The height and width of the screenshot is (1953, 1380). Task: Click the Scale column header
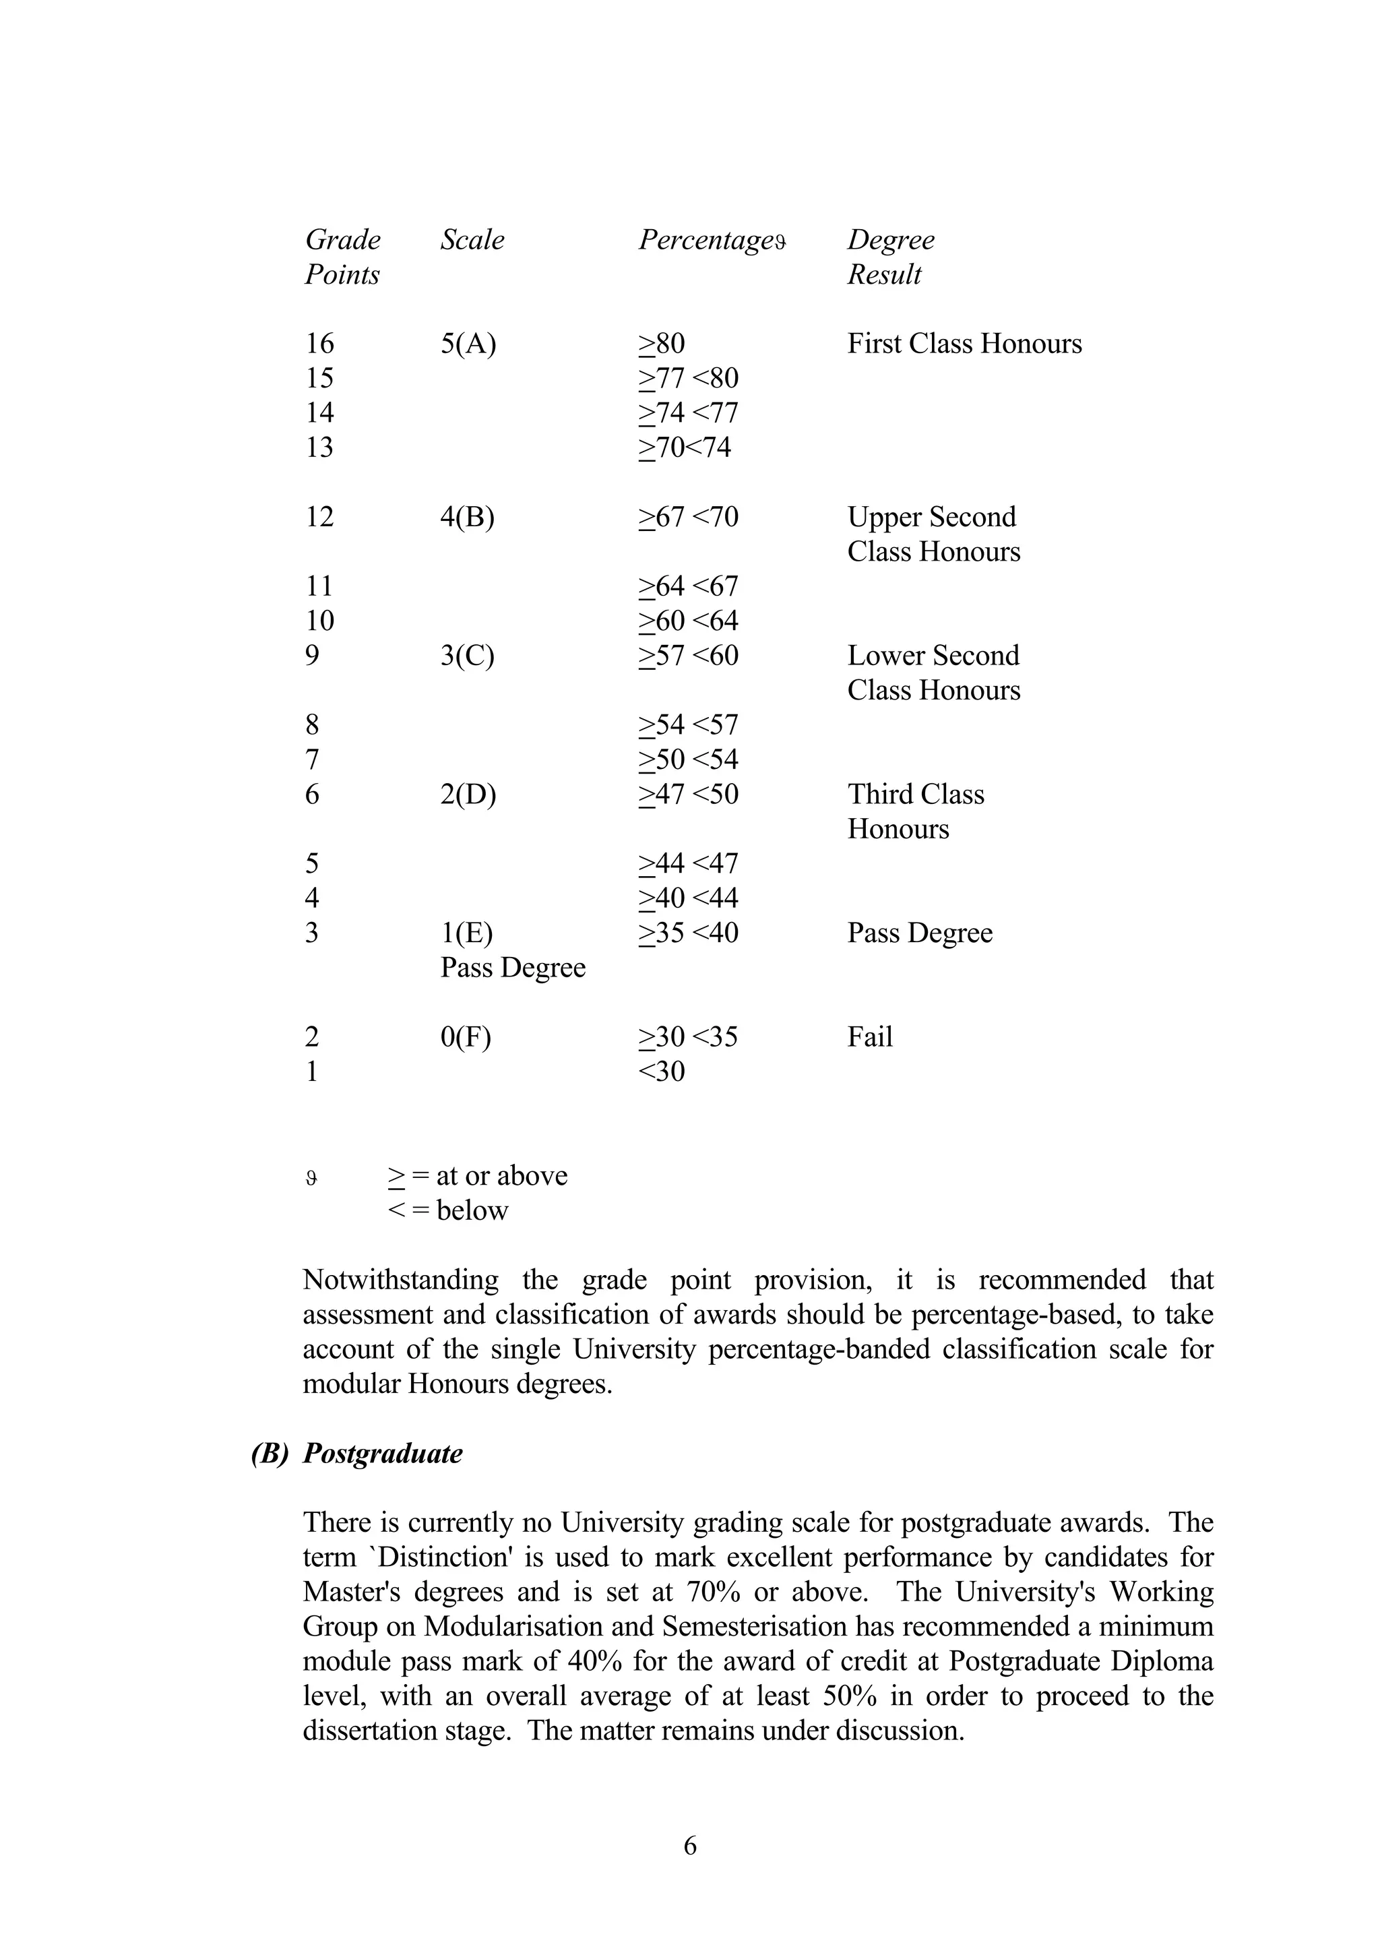(x=472, y=240)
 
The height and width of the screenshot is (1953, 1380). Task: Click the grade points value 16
(x=319, y=344)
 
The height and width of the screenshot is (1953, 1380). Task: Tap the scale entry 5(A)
(x=468, y=344)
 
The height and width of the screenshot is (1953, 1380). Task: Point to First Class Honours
(x=964, y=344)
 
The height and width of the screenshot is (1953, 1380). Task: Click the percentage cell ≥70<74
(x=685, y=447)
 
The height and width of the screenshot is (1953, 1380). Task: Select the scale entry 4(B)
(x=467, y=517)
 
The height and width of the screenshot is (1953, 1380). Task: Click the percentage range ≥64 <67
(x=688, y=586)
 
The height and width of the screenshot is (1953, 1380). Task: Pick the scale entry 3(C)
(x=467, y=656)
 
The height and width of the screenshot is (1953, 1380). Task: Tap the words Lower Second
(x=933, y=656)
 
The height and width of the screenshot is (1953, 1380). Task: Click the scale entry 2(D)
(x=468, y=795)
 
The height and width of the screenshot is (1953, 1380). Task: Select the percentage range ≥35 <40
(x=688, y=933)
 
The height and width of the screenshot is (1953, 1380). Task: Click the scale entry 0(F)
(x=465, y=1037)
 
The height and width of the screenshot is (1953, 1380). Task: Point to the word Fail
(x=870, y=1037)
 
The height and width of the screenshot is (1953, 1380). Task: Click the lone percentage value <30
(x=662, y=1071)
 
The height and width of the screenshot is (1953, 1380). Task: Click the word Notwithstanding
(x=400, y=1280)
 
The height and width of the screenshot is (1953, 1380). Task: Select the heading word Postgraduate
(x=383, y=1454)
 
